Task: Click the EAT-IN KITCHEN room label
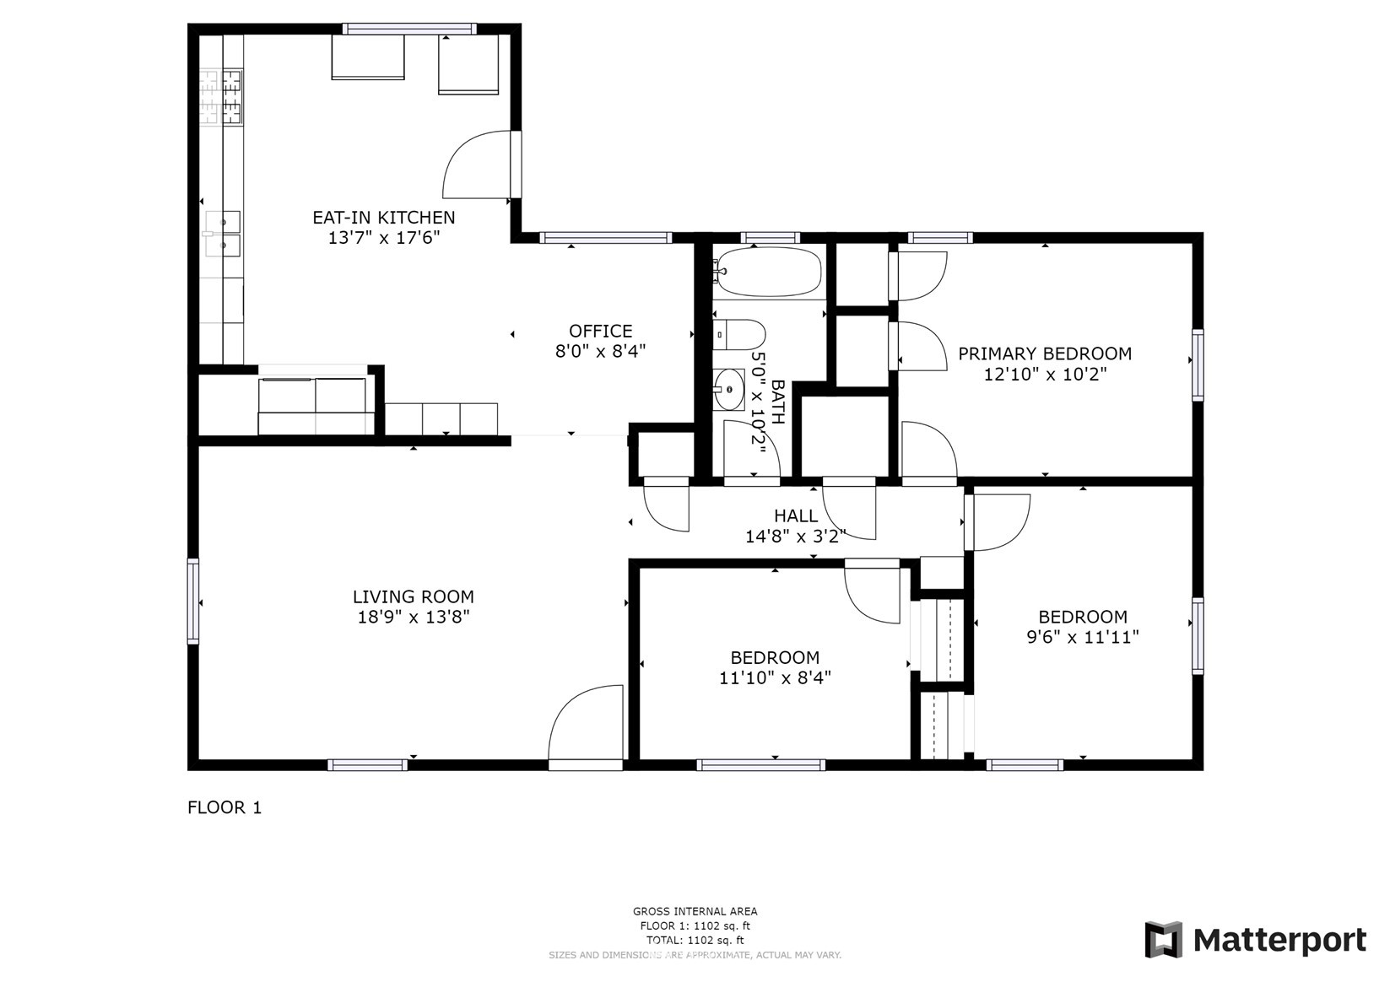point(383,218)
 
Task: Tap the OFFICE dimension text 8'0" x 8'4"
point(600,352)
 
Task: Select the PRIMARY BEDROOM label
point(1045,354)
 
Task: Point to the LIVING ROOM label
point(414,596)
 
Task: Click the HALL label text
point(796,516)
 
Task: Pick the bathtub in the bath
point(768,272)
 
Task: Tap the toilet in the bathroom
point(739,335)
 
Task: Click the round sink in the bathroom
point(728,390)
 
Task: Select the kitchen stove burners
point(220,97)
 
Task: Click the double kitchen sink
point(223,234)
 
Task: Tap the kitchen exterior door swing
point(477,165)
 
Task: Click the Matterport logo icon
point(1164,940)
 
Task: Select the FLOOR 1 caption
point(224,807)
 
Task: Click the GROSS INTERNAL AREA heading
point(695,911)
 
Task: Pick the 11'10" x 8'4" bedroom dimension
point(775,678)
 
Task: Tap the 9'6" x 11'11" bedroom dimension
point(1083,637)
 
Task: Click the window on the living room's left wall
point(193,602)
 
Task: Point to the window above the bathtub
point(770,238)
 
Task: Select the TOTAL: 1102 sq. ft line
point(695,940)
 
